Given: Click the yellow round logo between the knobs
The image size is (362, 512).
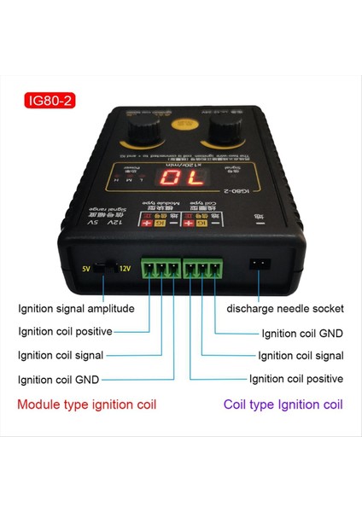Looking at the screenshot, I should click(180, 124).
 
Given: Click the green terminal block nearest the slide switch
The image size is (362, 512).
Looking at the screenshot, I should click(161, 269).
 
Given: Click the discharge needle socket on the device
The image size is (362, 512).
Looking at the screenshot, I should click(256, 265).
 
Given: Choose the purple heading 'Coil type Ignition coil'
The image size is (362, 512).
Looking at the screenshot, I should click(283, 404).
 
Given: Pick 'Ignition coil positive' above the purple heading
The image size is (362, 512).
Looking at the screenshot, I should click(296, 378).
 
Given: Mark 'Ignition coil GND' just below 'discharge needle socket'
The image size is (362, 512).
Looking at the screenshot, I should click(302, 333).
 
